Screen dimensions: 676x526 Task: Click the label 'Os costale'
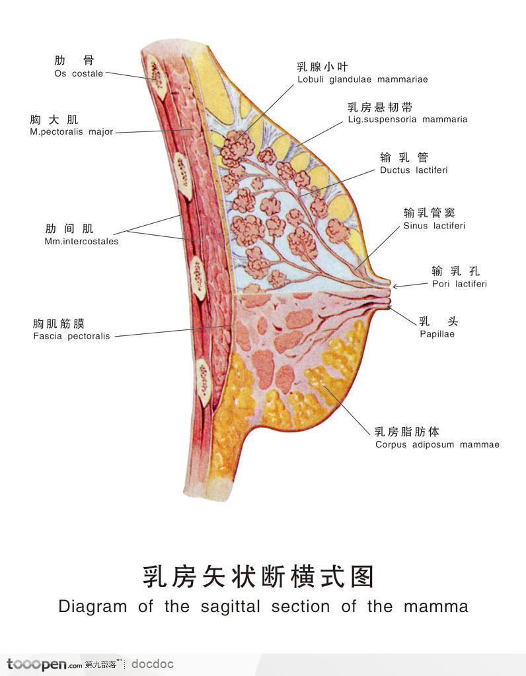point(79,74)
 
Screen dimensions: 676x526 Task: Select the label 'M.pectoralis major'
point(72,132)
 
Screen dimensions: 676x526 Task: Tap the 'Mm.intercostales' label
point(81,242)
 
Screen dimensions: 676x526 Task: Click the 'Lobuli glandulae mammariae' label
point(362,80)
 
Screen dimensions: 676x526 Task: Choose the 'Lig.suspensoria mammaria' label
point(407,120)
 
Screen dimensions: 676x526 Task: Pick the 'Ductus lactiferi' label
point(414,170)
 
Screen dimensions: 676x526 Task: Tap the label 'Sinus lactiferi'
point(434,226)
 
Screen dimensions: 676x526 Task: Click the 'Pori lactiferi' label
point(459,285)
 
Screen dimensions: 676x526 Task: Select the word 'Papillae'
point(437,334)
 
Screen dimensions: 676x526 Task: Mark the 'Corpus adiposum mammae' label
point(437,445)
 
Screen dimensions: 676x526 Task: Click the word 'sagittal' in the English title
point(231,607)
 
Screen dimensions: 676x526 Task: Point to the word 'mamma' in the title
point(435,607)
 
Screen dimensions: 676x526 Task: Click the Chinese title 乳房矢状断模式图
point(258,576)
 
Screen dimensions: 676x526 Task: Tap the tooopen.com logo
point(44,664)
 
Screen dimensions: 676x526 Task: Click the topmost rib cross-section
point(158,71)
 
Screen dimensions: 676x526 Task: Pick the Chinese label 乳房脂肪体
point(406,432)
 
